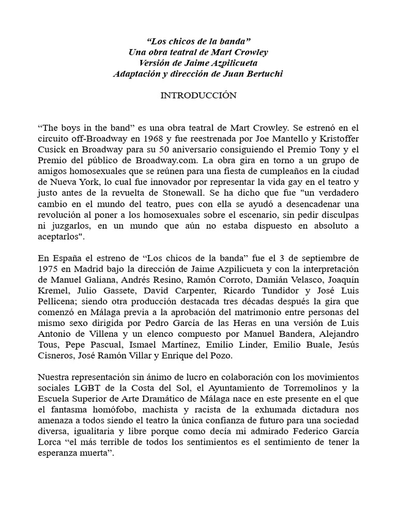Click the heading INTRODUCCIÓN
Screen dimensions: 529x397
[x=198, y=95]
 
